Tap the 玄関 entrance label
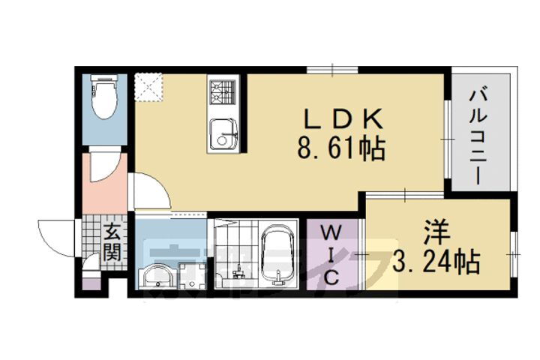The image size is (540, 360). click(111, 241)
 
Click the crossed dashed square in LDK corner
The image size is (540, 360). click(149, 85)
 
